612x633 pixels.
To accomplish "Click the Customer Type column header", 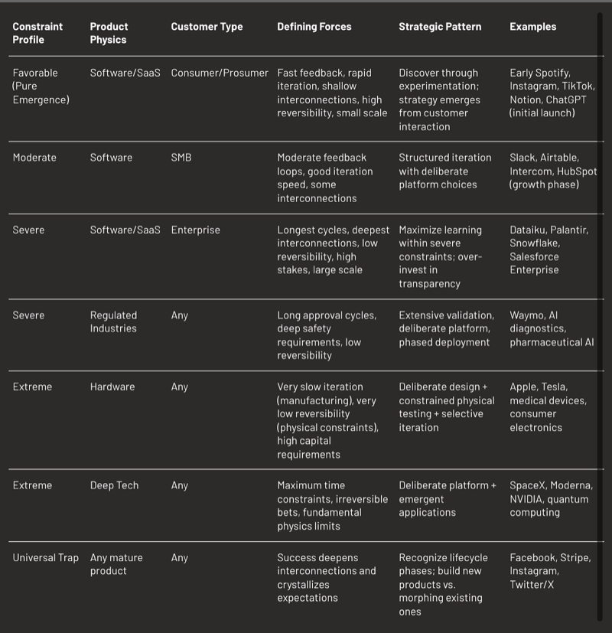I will click(x=207, y=27).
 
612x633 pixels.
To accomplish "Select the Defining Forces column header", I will click(x=314, y=27).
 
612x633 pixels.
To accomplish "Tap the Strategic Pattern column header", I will click(x=440, y=27).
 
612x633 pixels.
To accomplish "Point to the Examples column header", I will click(x=532, y=27).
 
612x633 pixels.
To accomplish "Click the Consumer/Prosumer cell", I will click(x=220, y=73).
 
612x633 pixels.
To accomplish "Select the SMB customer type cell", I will click(x=181, y=158).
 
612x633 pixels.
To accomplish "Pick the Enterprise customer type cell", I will click(x=195, y=230).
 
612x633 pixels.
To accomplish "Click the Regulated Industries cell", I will click(x=113, y=321).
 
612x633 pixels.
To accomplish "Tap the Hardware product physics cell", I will click(x=112, y=387).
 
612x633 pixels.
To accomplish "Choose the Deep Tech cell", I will click(x=114, y=485).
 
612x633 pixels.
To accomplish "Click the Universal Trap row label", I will click(x=45, y=558).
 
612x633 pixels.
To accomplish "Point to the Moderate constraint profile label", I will click(x=34, y=158).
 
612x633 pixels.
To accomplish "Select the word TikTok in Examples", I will click(x=578, y=86).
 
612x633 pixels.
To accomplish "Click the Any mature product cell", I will click(x=116, y=564).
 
